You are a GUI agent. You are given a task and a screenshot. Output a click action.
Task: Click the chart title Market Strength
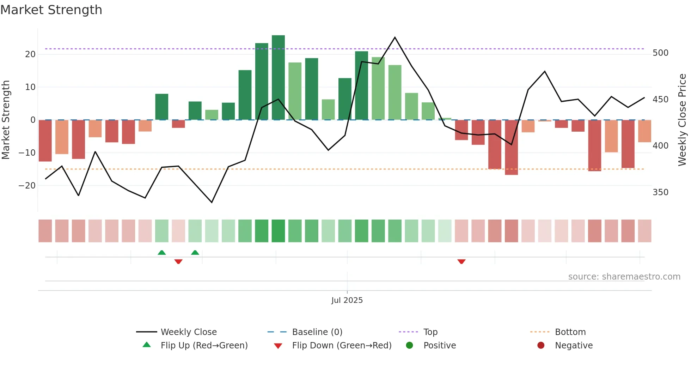click(x=51, y=10)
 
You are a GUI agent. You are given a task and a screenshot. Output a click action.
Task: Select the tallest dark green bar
click(x=278, y=77)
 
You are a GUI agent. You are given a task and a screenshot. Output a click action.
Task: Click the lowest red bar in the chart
click(x=511, y=147)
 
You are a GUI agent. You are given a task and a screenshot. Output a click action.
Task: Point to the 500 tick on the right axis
click(x=660, y=53)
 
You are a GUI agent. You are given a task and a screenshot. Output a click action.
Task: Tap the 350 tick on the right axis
click(x=660, y=192)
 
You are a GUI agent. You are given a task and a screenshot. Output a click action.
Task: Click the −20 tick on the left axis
click(x=27, y=186)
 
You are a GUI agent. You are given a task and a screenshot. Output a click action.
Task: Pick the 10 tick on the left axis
click(x=30, y=87)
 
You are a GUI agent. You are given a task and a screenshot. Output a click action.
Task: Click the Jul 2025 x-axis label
click(x=347, y=300)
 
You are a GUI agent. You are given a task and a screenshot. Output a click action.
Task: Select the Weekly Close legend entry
click(x=189, y=332)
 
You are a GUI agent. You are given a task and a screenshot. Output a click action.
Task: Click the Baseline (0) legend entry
click(x=317, y=332)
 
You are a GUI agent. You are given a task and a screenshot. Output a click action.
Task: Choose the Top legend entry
click(x=430, y=332)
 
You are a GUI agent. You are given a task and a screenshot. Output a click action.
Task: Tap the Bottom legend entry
click(x=570, y=332)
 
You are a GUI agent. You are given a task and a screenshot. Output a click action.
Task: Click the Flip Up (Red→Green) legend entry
click(x=204, y=346)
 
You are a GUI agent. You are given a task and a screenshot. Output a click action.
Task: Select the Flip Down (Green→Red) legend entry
click(x=342, y=346)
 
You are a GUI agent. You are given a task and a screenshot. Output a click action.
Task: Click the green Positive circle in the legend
click(x=409, y=346)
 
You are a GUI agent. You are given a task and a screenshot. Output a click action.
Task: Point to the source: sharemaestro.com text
click(x=624, y=277)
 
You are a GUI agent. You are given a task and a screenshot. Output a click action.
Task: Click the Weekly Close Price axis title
click(x=682, y=120)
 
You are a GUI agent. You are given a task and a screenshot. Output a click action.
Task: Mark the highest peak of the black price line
click(x=395, y=37)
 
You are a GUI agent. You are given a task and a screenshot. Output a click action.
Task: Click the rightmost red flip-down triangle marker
click(x=461, y=262)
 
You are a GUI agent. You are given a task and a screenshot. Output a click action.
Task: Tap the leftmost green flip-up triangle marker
click(x=161, y=252)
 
